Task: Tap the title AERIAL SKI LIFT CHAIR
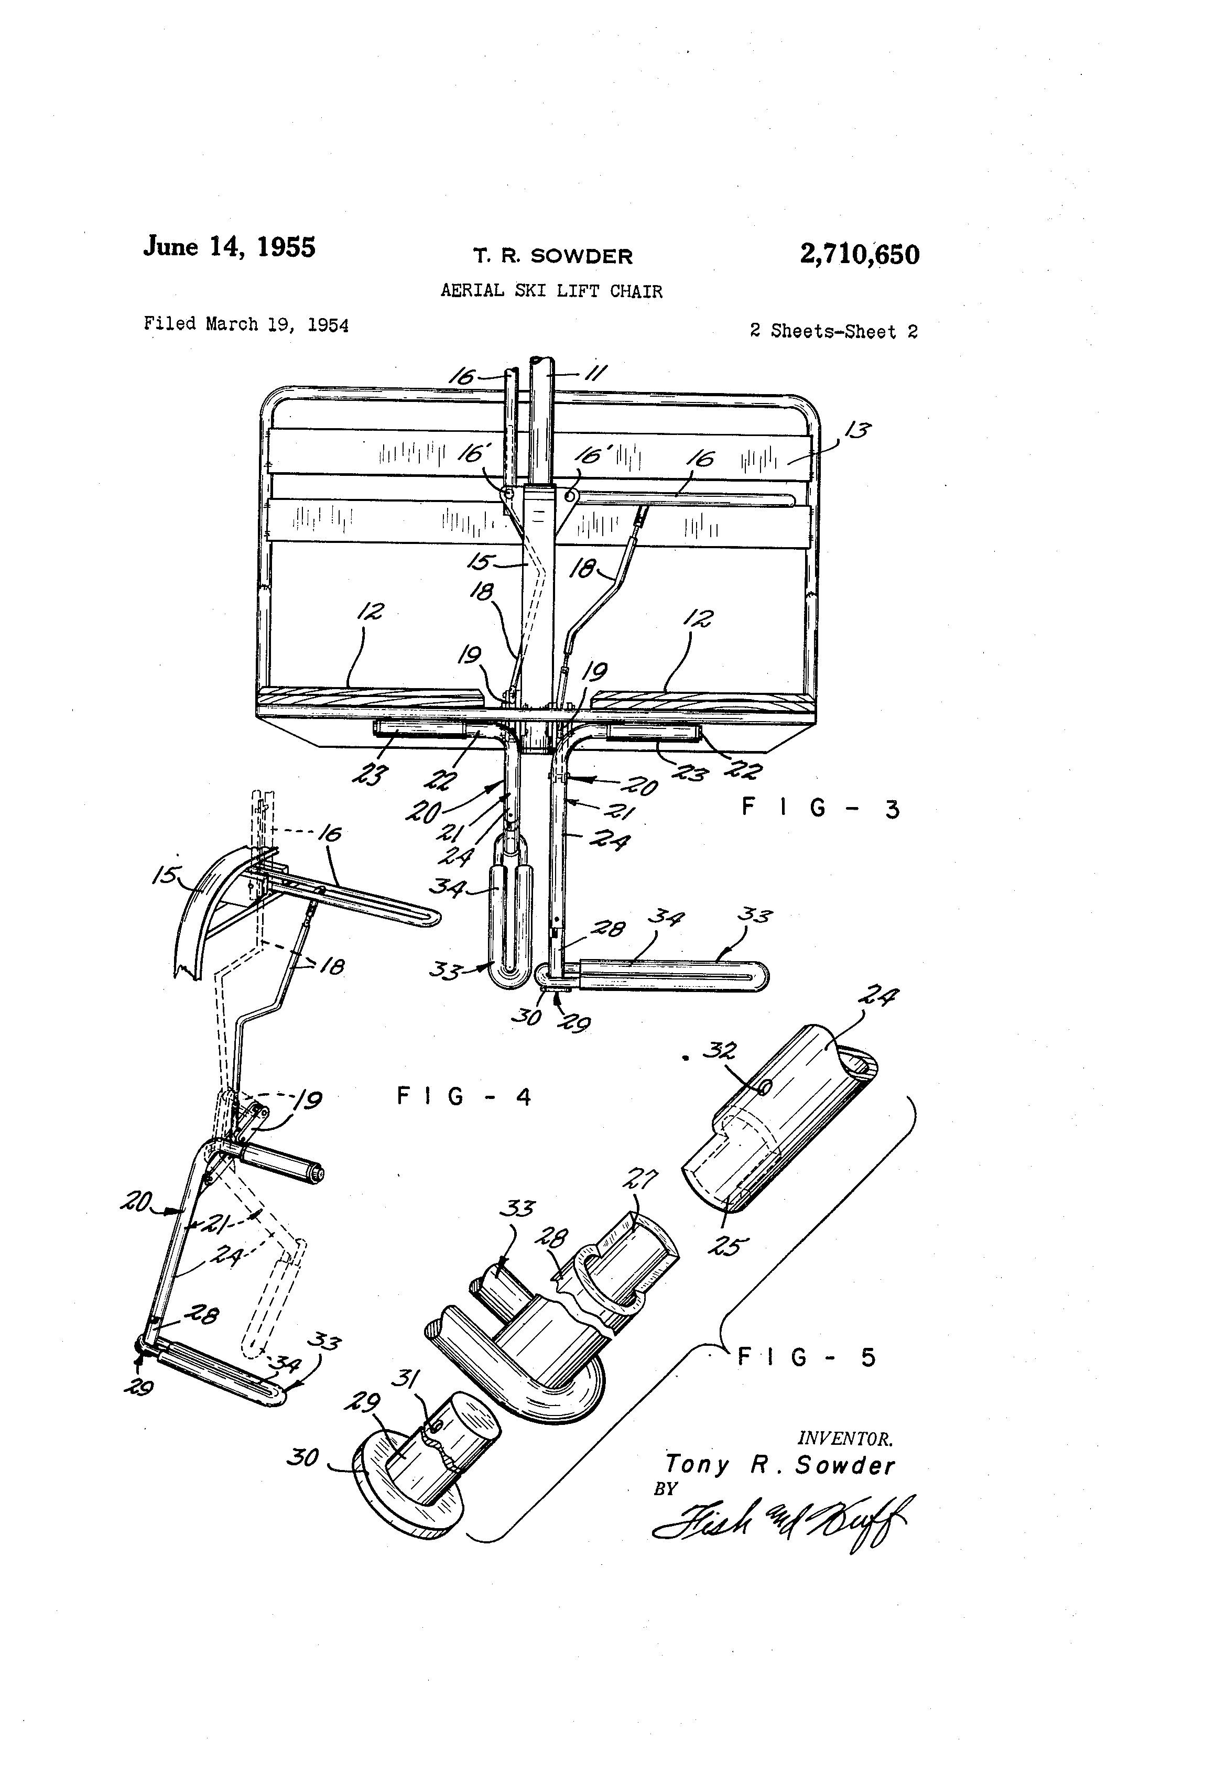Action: point(550,290)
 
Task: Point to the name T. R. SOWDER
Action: point(552,256)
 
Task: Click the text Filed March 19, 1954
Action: point(246,324)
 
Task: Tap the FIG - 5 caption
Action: point(806,1357)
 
